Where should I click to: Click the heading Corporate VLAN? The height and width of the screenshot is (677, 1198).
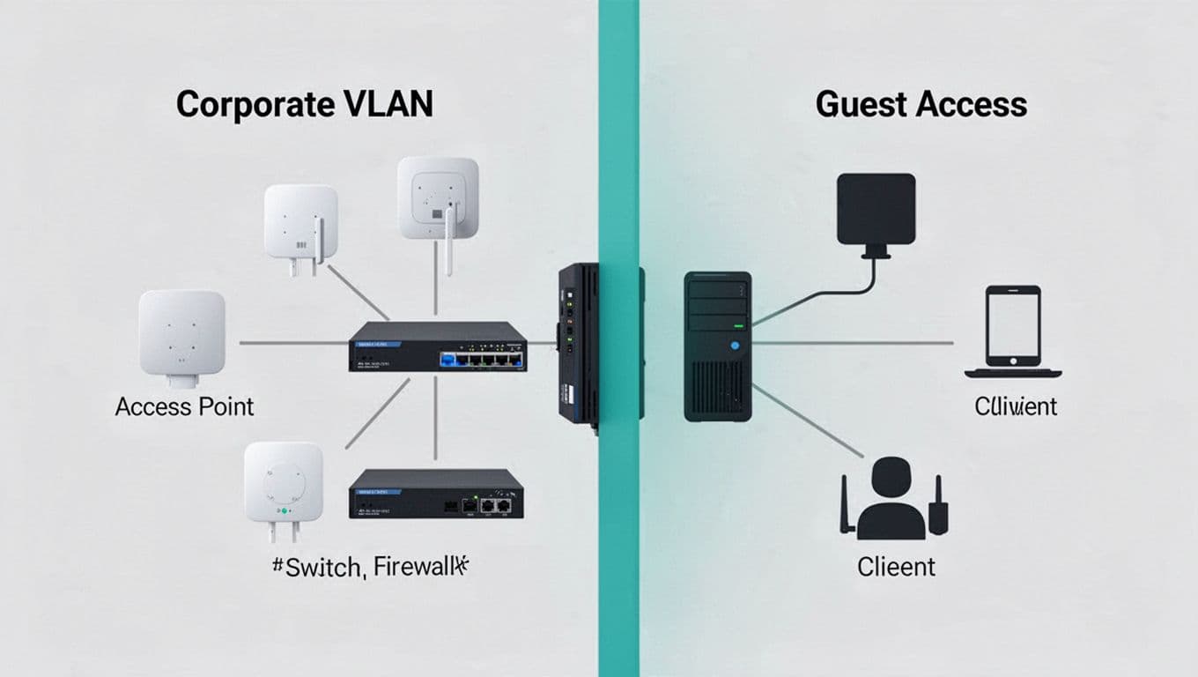pos(305,105)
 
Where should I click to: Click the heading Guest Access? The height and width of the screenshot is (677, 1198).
pos(921,105)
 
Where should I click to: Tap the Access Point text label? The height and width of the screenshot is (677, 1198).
pos(184,406)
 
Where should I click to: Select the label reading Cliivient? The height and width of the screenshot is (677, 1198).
pos(1016,406)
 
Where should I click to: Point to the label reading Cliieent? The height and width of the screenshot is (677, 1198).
pos(896,566)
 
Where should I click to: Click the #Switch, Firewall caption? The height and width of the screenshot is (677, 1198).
pos(371,566)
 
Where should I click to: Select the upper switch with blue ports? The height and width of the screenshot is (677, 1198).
pos(437,346)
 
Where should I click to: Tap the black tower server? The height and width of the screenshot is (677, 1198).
pos(718,346)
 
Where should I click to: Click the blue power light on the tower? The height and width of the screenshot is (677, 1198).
pos(734,346)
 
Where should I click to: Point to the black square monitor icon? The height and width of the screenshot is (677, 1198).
pos(876,210)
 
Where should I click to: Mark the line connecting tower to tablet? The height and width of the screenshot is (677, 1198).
pos(854,343)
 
